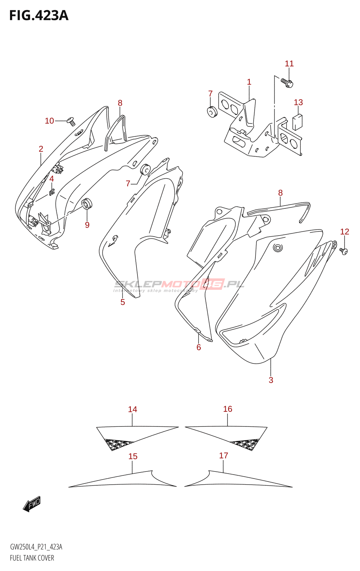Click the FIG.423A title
[x=39, y=15]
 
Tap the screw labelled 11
[x=287, y=83]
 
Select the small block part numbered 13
[x=297, y=122]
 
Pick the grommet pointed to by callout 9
[x=87, y=204]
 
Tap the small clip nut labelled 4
[x=52, y=192]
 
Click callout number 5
[x=122, y=302]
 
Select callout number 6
[x=199, y=347]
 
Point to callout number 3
[x=271, y=380]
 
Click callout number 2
[x=41, y=149]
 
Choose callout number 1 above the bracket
[x=249, y=82]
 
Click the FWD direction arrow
[x=32, y=504]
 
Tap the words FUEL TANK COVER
[x=32, y=558]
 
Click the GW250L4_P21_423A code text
[x=36, y=547]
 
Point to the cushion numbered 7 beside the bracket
[x=212, y=111]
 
